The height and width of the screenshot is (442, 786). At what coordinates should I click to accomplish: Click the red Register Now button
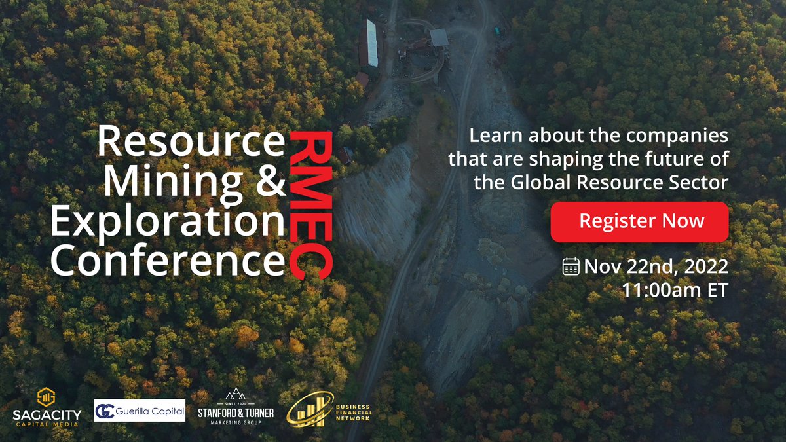639,221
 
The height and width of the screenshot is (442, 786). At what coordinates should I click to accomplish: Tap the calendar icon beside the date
571,267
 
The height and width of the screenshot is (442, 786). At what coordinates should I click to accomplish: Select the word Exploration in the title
168,222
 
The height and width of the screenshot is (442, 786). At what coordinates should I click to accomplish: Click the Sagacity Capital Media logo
45,407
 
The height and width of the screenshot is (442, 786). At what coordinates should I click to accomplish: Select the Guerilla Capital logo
140,411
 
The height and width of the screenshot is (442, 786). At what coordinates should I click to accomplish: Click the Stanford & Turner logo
236,407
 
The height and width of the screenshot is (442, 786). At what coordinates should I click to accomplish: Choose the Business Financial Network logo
329,407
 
